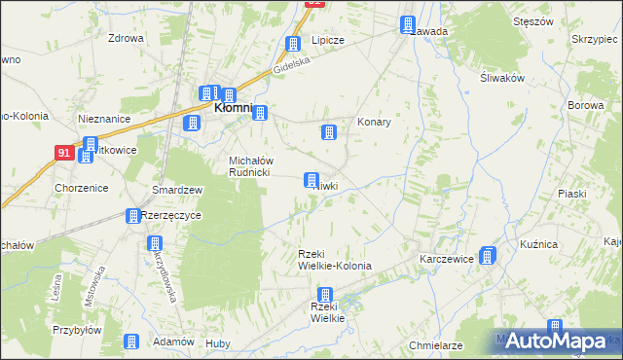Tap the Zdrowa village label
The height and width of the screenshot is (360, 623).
pyautogui.click(x=127, y=39)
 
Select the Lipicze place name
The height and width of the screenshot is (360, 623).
pyautogui.click(x=328, y=41)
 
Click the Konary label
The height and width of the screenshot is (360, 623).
pyautogui.click(x=374, y=123)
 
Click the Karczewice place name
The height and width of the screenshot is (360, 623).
pyautogui.click(x=446, y=260)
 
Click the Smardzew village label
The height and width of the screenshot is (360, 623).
pyautogui.click(x=176, y=190)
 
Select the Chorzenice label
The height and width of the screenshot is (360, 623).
pyautogui.click(x=82, y=188)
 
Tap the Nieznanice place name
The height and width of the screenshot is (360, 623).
pyautogui.click(x=104, y=119)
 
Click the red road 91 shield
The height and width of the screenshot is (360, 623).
pyautogui.click(x=63, y=153)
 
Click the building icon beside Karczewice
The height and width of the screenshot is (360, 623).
pyautogui.click(x=488, y=256)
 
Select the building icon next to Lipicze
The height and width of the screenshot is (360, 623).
pyautogui.click(x=293, y=45)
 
